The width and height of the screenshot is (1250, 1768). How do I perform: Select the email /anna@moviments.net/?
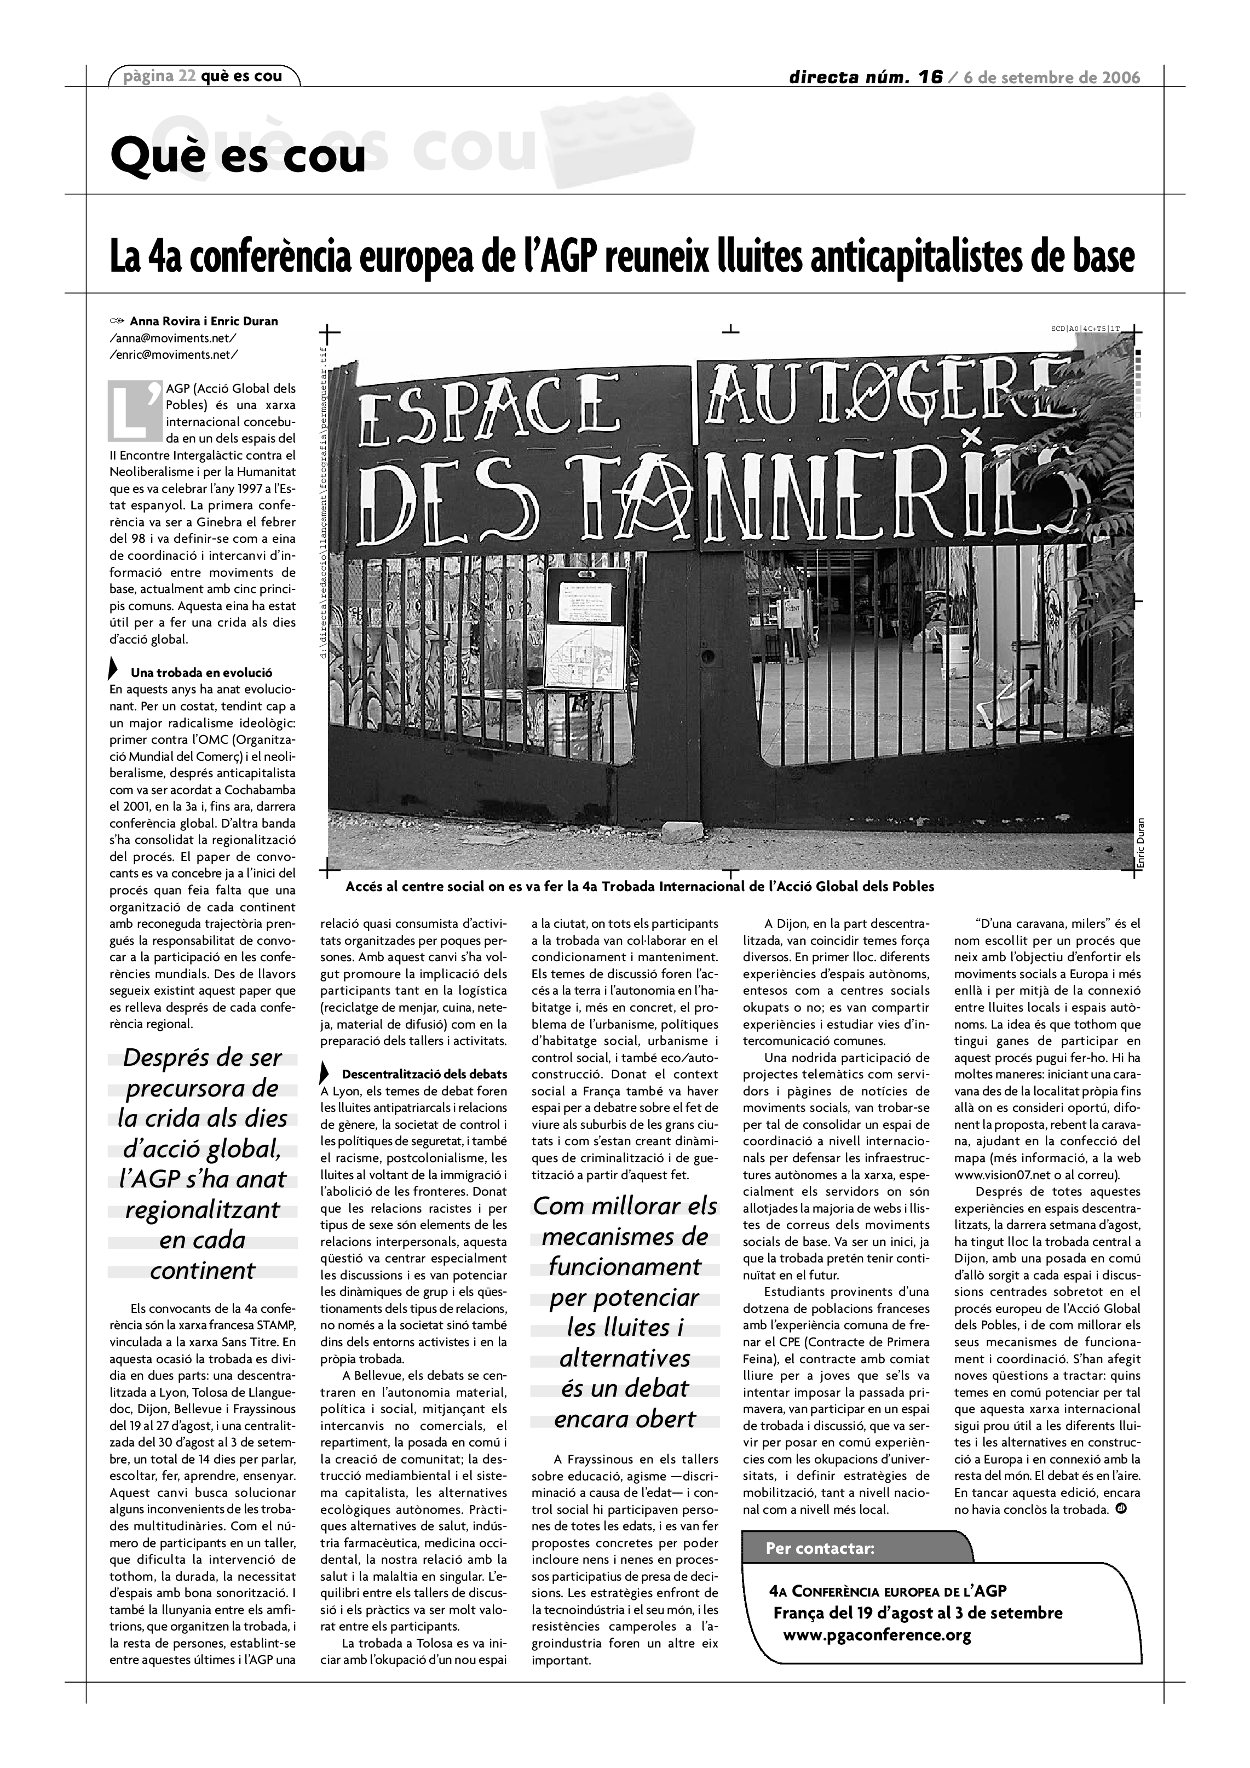173,338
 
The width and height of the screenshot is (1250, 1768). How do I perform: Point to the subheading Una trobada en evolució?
201,672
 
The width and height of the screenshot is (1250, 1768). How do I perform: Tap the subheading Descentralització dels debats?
424,1074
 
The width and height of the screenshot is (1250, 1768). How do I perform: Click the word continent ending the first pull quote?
203,1270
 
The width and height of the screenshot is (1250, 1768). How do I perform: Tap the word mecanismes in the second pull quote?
624,1237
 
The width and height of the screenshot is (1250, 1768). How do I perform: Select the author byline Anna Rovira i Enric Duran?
203,321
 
